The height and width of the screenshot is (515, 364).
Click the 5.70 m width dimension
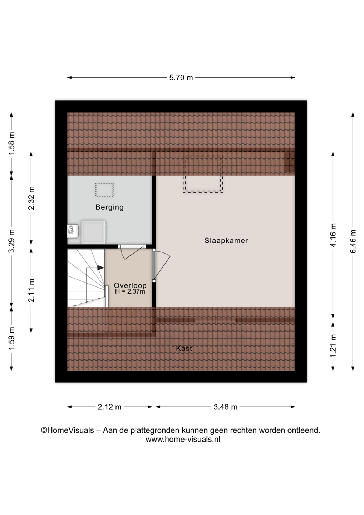pyautogui.click(x=181, y=78)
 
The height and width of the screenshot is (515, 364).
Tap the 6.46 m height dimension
pyautogui.click(x=353, y=241)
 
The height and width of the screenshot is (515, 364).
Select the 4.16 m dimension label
pyautogui.click(x=333, y=235)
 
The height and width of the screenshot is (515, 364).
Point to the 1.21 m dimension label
pyautogui.click(x=333, y=346)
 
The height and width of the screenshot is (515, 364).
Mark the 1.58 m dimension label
pyautogui.click(x=11, y=144)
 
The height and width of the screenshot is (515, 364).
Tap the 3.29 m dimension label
pyautogui.click(x=11, y=241)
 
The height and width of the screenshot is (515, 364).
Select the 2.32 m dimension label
pyautogui.click(x=31, y=198)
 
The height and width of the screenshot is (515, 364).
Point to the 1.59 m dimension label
pyautogui.click(x=11, y=339)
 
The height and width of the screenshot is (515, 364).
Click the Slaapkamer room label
pyautogui.click(x=226, y=241)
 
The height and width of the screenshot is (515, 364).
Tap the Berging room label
pyautogui.click(x=110, y=207)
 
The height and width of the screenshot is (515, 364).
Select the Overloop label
pyautogui.click(x=130, y=285)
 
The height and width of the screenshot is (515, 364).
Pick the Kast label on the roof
pyautogui.click(x=184, y=349)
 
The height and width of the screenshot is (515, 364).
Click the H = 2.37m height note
pyautogui.click(x=130, y=292)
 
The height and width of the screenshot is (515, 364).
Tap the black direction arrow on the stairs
pyautogui.click(x=100, y=268)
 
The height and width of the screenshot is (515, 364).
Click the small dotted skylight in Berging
pyautogui.click(x=105, y=190)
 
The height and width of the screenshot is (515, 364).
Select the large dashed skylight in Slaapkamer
pyautogui.click(x=203, y=173)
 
